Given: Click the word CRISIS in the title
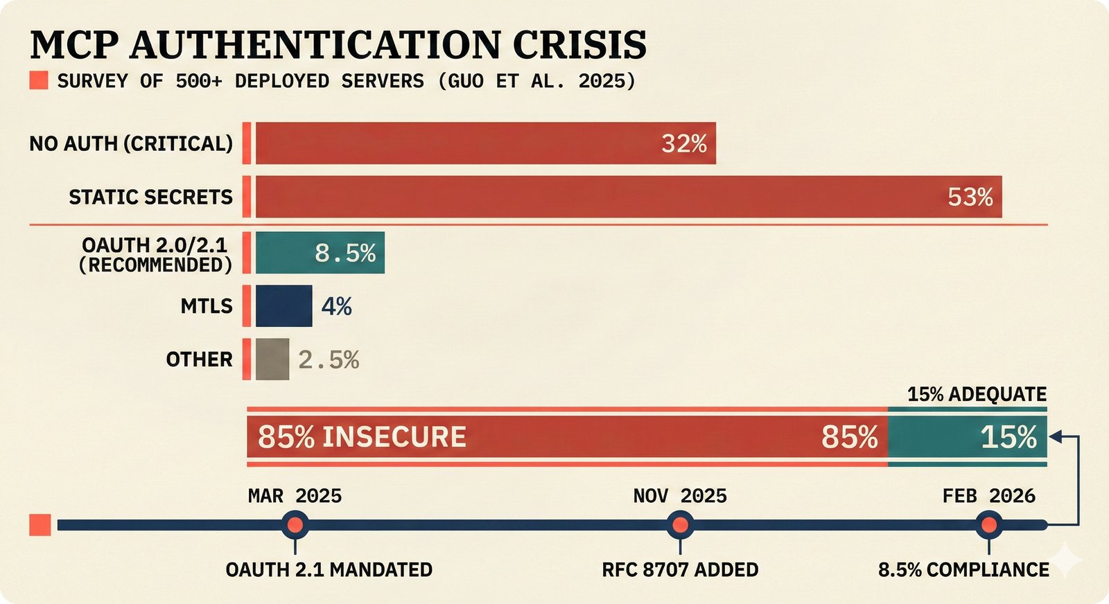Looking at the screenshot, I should (x=579, y=45).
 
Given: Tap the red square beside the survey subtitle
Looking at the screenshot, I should (x=39, y=81).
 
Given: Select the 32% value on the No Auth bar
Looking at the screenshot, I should (x=683, y=144).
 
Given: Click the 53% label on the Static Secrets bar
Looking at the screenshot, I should (x=970, y=197).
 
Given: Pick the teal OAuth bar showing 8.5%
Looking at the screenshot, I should (x=320, y=253).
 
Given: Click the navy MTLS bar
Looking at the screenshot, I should (x=283, y=306).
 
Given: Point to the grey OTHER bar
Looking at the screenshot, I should (x=272, y=359).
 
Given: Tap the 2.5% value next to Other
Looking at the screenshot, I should (x=329, y=360).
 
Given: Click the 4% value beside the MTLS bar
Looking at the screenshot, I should (x=337, y=306).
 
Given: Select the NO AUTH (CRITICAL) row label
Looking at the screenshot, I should (x=131, y=144).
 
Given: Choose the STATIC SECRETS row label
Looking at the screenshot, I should (x=150, y=197).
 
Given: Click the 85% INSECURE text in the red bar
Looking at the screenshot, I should (x=362, y=437).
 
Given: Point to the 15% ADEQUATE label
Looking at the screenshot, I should (x=977, y=395).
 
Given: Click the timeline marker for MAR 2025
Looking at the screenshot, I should (x=295, y=525).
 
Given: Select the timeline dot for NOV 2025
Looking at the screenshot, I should (x=680, y=525).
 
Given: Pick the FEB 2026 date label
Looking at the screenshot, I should (x=988, y=496).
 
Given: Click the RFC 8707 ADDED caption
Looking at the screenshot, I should (x=680, y=570).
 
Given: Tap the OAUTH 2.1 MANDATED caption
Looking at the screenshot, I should (x=329, y=570).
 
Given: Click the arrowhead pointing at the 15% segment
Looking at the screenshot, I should (x=1056, y=436).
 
